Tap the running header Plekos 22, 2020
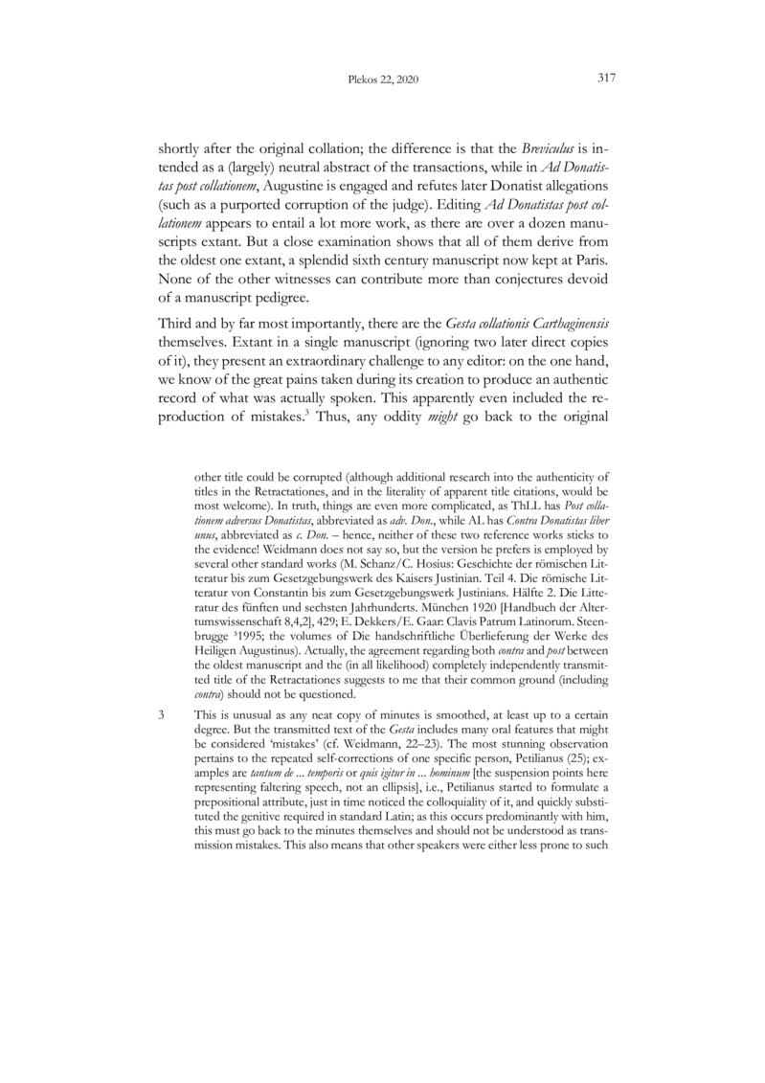[382, 79]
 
